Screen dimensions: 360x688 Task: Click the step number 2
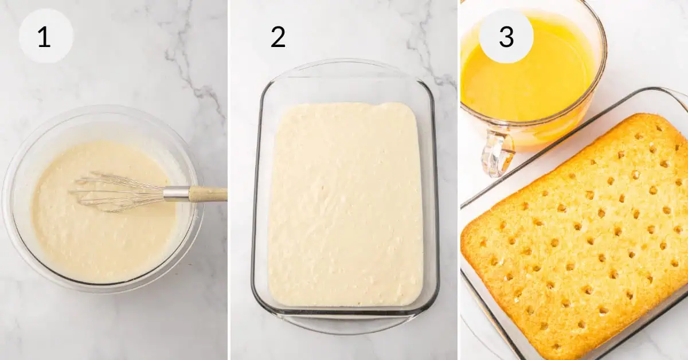(278, 37)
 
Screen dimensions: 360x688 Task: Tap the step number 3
(506, 37)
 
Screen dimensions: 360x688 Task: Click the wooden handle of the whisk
(208, 194)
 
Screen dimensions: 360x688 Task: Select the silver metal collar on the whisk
(176, 194)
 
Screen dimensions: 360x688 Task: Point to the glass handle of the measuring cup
(497, 152)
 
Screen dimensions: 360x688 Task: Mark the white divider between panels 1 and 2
(228, 180)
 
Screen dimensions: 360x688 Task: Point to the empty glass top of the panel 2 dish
(344, 89)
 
